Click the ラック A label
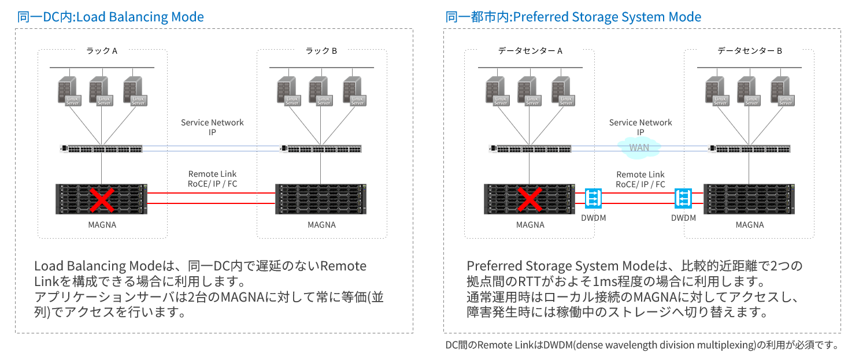click(x=102, y=51)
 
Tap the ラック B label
click(x=321, y=51)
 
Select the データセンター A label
click(x=530, y=51)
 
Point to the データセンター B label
click(x=749, y=51)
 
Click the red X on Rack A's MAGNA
click(x=102, y=200)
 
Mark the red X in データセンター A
click(x=530, y=200)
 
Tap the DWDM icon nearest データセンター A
click(x=593, y=199)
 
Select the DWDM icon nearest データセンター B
click(x=684, y=199)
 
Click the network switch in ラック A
click(x=102, y=149)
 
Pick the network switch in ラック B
click(x=321, y=149)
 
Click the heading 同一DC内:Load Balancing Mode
click(x=110, y=17)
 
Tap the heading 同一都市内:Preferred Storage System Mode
click(x=573, y=17)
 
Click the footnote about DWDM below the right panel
click(x=642, y=346)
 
